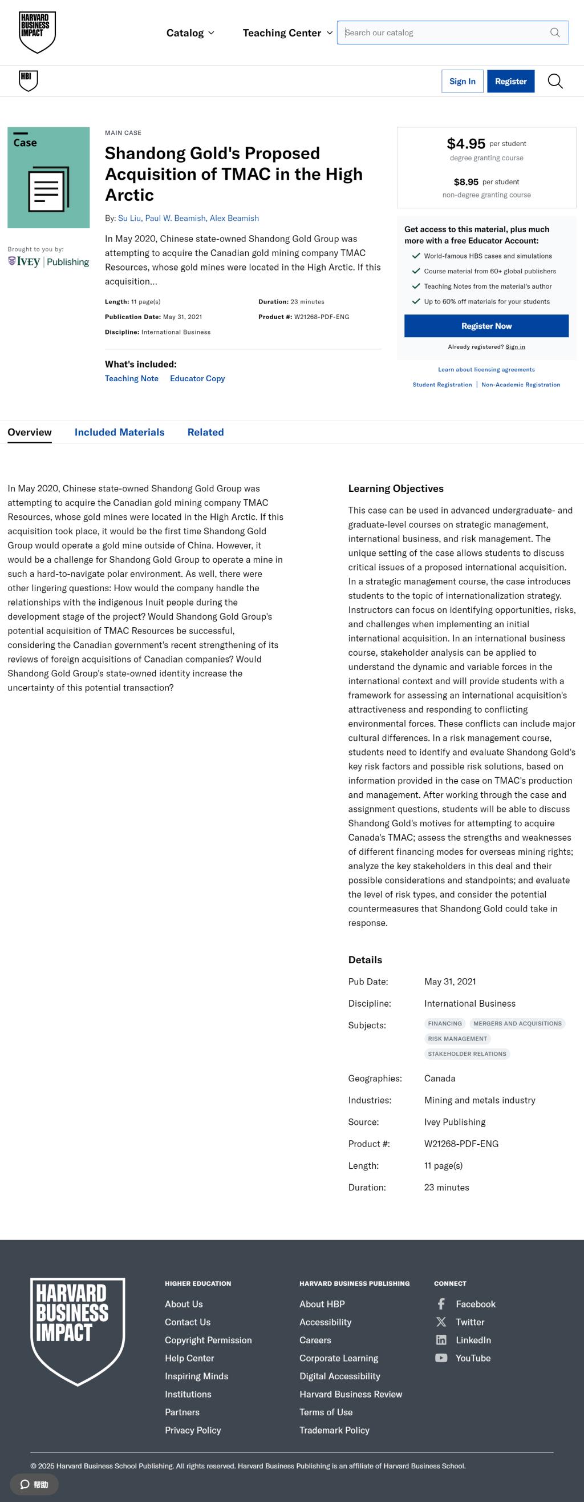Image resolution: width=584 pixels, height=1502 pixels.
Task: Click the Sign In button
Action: coord(462,82)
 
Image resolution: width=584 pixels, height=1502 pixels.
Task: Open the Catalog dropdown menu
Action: coord(190,33)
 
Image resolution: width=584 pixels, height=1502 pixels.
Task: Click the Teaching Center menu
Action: coord(287,33)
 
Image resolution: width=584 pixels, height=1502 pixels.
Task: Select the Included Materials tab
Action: coord(120,432)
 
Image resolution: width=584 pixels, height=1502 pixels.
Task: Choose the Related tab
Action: coord(205,432)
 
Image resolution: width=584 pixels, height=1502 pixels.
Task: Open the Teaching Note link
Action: coord(132,378)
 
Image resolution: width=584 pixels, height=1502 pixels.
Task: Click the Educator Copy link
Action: coord(197,378)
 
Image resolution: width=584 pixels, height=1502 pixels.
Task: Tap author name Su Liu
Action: coord(129,218)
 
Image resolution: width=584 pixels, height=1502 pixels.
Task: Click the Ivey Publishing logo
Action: coord(48,262)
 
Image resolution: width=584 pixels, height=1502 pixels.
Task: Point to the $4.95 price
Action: coord(466,143)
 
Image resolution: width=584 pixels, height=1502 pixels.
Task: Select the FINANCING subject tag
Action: coord(445,1023)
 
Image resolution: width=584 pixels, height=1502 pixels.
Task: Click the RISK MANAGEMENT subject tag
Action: coord(457,1039)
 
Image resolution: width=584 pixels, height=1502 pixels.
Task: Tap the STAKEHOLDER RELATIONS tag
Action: coord(467,1053)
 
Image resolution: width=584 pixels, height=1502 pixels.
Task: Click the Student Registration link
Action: coord(442,385)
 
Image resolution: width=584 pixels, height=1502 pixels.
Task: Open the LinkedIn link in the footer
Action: coord(473,1340)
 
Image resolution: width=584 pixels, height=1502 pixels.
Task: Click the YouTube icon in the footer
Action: coord(441,1358)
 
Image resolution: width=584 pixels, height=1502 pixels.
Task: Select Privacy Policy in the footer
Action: coord(193,1430)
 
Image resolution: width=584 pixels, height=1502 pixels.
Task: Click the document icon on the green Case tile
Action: coord(48,189)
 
